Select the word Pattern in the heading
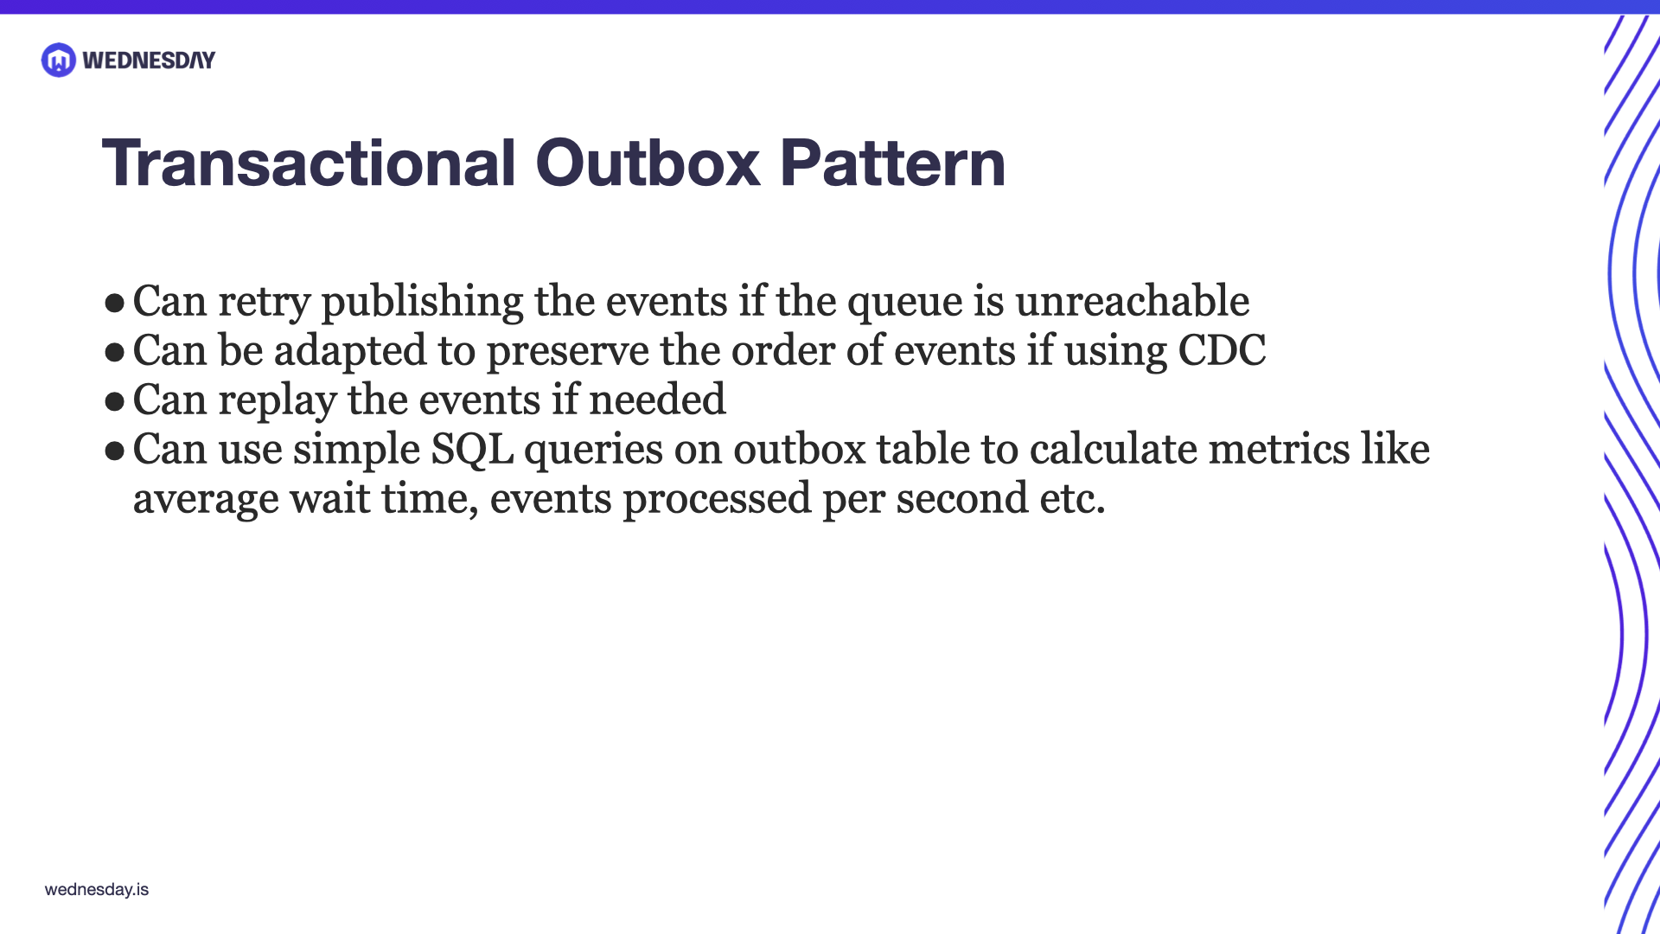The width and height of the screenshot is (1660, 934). pyautogui.click(x=892, y=163)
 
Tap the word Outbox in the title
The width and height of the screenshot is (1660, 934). pyautogui.click(x=648, y=163)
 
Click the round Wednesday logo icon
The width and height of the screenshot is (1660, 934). pyautogui.click(x=59, y=60)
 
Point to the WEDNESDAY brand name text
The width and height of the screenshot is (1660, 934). pyautogui.click(x=149, y=61)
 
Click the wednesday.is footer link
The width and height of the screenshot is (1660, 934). pyautogui.click(x=97, y=889)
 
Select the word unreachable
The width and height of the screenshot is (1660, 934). pyautogui.click(x=1132, y=301)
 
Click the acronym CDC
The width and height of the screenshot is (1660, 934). pyautogui.click(x=1222, y=350)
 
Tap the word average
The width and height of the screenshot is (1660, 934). pyautogui.click(x=206, y=499)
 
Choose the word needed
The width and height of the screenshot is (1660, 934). pyautogui.click(x=657, y=400)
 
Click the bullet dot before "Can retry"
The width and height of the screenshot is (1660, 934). pyautogui.click(x=114, y=303)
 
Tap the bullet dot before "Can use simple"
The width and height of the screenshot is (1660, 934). pyautogui.click(x=114, y=451)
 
